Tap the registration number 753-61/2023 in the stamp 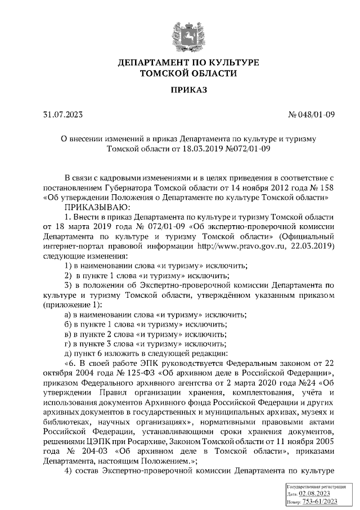coord(320,500)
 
